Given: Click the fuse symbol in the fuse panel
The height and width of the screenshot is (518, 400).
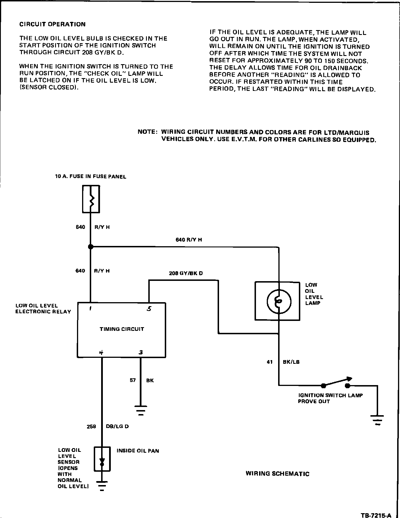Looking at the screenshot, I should (91, 199).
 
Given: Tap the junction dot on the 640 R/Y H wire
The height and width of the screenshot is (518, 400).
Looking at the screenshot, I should (91, 247).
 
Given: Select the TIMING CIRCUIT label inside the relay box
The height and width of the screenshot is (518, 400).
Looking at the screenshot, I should (122, 329).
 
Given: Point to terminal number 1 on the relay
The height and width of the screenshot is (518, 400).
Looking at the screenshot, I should (90, 309).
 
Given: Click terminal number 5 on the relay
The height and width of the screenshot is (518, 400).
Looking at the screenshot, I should (149, 309).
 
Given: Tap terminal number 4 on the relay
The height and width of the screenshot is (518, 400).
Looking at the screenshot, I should (101, 353).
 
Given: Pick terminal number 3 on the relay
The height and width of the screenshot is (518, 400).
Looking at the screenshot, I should (141, 353).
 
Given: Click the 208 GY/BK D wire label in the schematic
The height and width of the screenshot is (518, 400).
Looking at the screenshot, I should (186, 273).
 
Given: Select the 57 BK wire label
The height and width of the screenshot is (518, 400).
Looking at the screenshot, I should (141, 380).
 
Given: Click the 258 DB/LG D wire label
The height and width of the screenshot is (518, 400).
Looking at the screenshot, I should (108, 427).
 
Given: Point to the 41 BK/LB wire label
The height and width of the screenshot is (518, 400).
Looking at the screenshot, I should (283, 362).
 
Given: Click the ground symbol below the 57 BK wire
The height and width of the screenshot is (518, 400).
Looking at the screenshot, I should (141, 410).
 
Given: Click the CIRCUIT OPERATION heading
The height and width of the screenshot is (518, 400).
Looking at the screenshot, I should (52, 24).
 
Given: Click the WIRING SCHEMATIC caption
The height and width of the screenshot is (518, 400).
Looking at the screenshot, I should (277, 474).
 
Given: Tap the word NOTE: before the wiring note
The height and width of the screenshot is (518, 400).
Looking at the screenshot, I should (147, 132).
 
